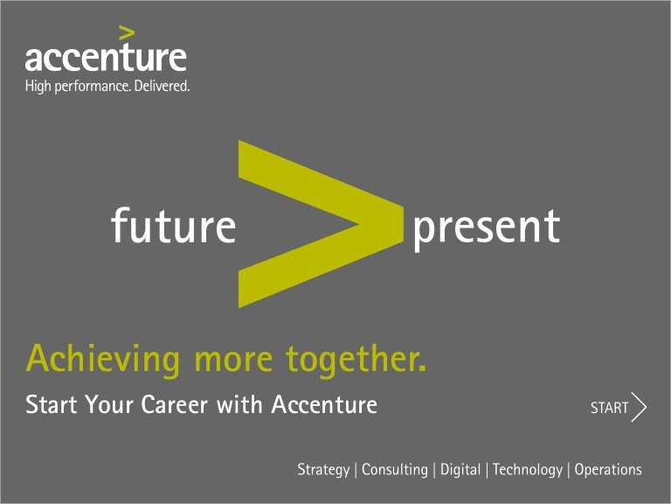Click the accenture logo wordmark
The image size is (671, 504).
(x=105, y=58)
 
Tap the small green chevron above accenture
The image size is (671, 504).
(x=128, y=33)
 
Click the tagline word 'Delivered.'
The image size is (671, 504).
(x=162, y=86)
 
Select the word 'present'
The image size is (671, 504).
(x=486, y=227)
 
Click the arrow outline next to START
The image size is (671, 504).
(x=640, y=408)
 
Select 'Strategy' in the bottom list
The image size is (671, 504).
(x=323, y=471)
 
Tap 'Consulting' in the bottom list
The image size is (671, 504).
(x=395, y=471)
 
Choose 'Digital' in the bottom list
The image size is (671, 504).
(x=460, y=471)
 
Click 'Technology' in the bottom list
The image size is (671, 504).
(x=528, y=471)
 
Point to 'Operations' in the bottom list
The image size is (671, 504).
(x=608, y=471)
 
